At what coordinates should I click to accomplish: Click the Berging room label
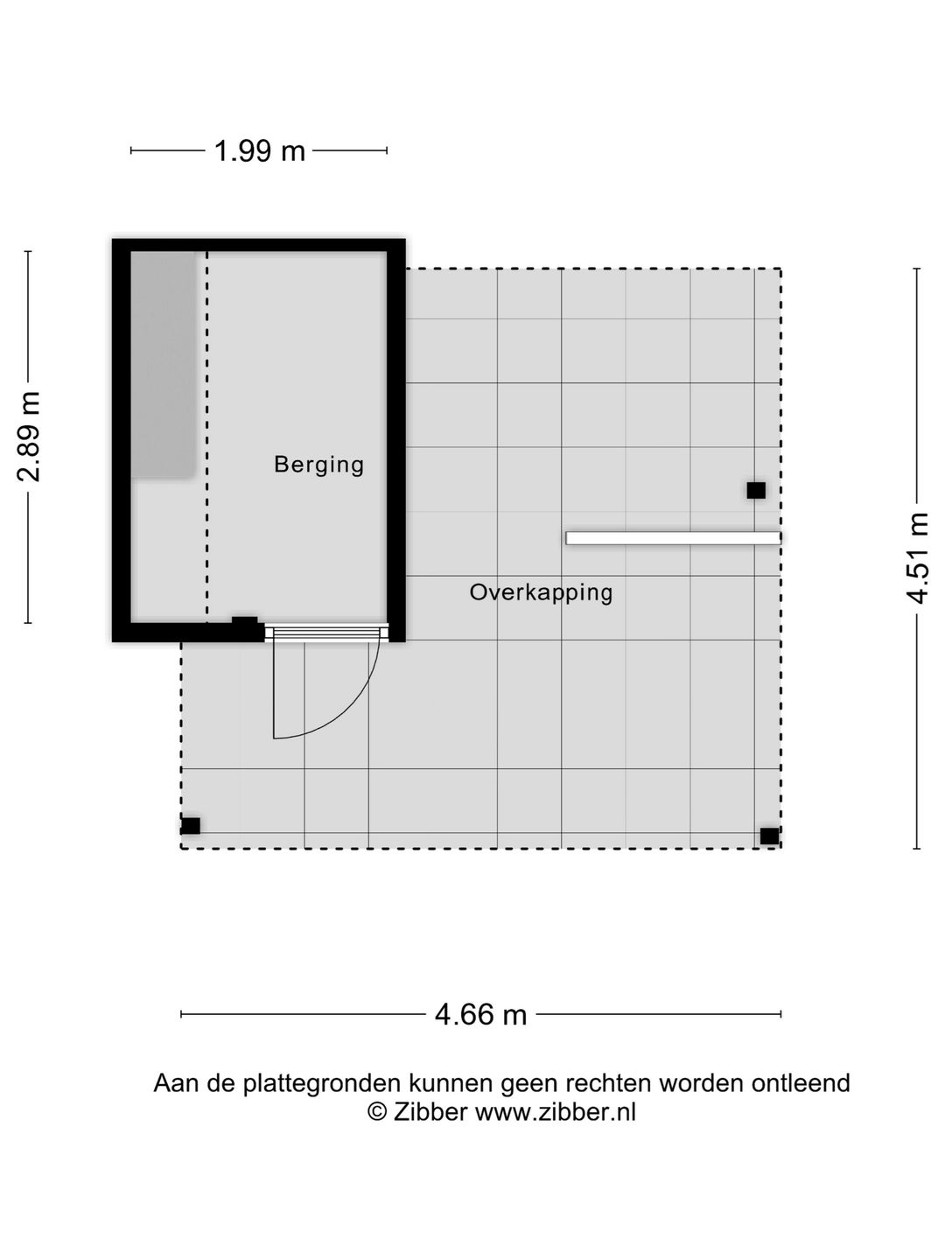pyautogui.click(x=318, y=464)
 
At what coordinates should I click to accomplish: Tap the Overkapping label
pyautogui.click(x=541, y=592)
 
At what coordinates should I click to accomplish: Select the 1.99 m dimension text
pyautogui.click(x=260, y=151)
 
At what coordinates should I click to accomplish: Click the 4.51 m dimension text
pyautogui.click(x=917, y=558)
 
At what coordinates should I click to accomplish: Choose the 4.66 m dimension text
pyautogui.click(x=481, y=1015)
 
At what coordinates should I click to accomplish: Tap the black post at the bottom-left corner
pyautogui.click(x=190, y=826)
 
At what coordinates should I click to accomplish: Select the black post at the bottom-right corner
pyautogui.click(x=769, y=836)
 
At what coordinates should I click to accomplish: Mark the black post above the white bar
pyautogui.click(x=756, y=491)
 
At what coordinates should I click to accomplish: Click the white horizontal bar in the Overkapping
pyautogui.click(x=673, y=538)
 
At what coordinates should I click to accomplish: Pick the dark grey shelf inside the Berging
pyautogui.click(x=163, y=365)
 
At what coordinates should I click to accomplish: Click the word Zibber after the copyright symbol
pyautogui.click(x=430, y=1112)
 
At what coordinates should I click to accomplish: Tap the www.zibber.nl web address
pyautogui.click(x=555, y=1112)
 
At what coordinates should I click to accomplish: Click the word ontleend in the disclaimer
pyautogui.click(x=800, y=1083)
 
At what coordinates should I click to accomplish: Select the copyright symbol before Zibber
pyautogui.click(x=377, y=1112)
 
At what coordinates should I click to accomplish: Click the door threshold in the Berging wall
pyautogui.click(x=326, y=633)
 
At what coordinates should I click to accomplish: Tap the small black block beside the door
pyautogui.click(x=245, y=622)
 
